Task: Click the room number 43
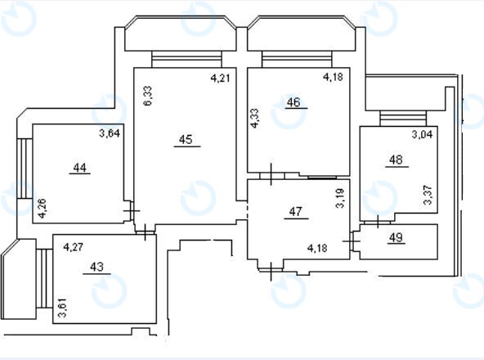tap(97, 267)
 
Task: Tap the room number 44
tap(80, 168)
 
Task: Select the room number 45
tap(186, 139)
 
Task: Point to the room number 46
tap(294, 102)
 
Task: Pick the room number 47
tap(295, 212)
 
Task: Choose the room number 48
tap(396, 160)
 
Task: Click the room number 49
tap(396, 237)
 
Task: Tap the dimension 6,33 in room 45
tap(148, 96)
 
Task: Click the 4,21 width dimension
tap(221, 78)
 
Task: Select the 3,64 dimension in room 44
tap(110, 133)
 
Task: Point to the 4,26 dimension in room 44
tap(42, 209)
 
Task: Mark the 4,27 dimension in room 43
tap(73, 247)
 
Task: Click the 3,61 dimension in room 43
tap(62, 308)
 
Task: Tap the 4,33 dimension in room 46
tap(254, 118)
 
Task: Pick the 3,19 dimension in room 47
tap(340, 198)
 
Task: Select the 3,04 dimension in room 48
tap(422, 134)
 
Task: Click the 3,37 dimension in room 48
tap(428, 195)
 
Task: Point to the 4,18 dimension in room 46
tap(333, 77)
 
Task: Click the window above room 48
tap(403, 119)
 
